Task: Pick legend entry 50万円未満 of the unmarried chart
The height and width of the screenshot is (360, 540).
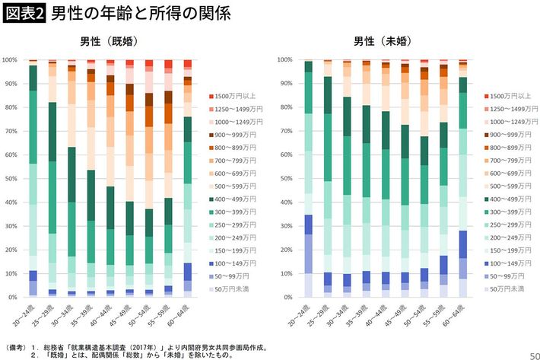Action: point(505,290)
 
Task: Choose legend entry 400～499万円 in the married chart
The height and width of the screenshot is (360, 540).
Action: point(235,199)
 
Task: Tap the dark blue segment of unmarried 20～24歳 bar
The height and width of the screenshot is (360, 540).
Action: point(307,225)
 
